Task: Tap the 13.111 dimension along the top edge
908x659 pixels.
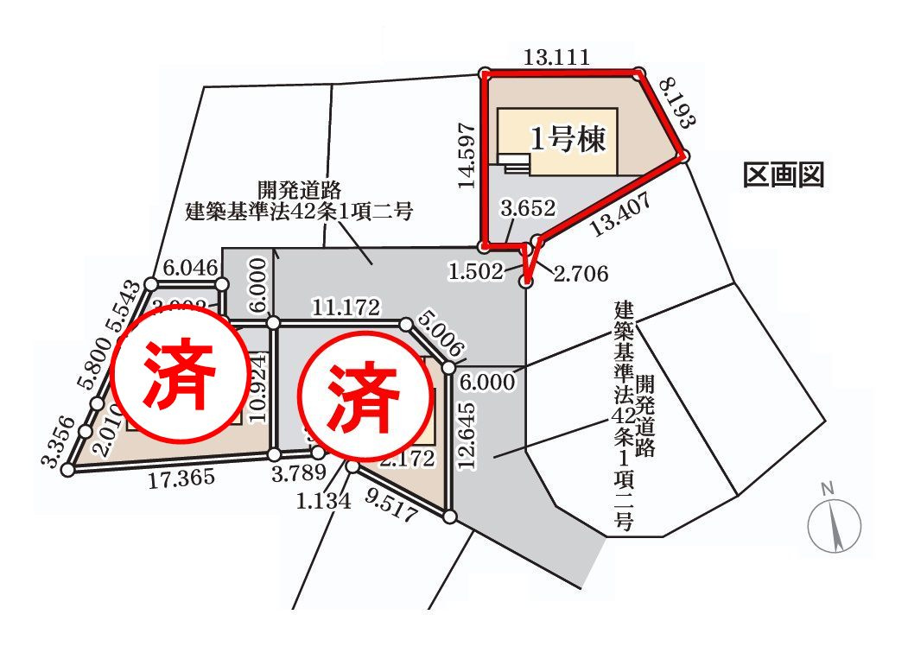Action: point(557,58)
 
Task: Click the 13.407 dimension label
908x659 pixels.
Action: point(621,216)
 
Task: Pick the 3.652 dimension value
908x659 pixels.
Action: point(528,208)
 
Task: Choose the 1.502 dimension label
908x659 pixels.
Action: point(475,272)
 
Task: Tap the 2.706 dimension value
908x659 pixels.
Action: point(581,274)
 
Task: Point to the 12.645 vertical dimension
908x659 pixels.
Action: point(467,435)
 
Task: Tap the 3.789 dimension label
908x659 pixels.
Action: point(298,472)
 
